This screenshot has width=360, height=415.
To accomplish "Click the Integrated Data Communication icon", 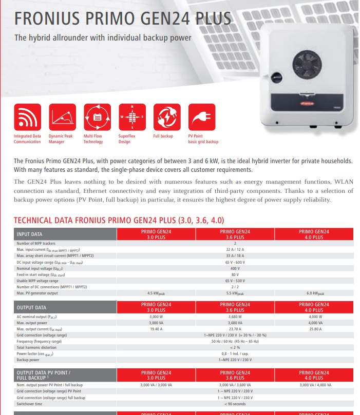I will pyautogui.click(x=27, y=117).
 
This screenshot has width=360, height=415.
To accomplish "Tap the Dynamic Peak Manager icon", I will pyautogui.click(x=62, y=117).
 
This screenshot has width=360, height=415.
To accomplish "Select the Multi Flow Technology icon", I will pyautogui.click(x=97, y=117).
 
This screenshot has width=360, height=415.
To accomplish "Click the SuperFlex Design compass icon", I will pyautogui.click(x=132, y=117).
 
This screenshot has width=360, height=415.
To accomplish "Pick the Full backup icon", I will pyautogui.click(x=167, y=117).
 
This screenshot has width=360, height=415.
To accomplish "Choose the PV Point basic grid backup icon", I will pyautogui.click(x=202, y=117).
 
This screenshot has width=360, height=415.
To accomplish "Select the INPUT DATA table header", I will pyautogui.click(x=31, y=234).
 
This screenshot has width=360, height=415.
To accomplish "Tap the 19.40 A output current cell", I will pyautogui.click(x=156, y=329).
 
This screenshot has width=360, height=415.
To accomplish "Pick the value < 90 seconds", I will pyautogui.click(x=235, y=404).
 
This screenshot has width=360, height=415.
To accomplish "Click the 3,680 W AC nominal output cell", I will pyautogui.click(x=235, y=317).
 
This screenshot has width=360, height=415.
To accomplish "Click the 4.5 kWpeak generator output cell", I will pyautogui.click(x=156, y=293).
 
